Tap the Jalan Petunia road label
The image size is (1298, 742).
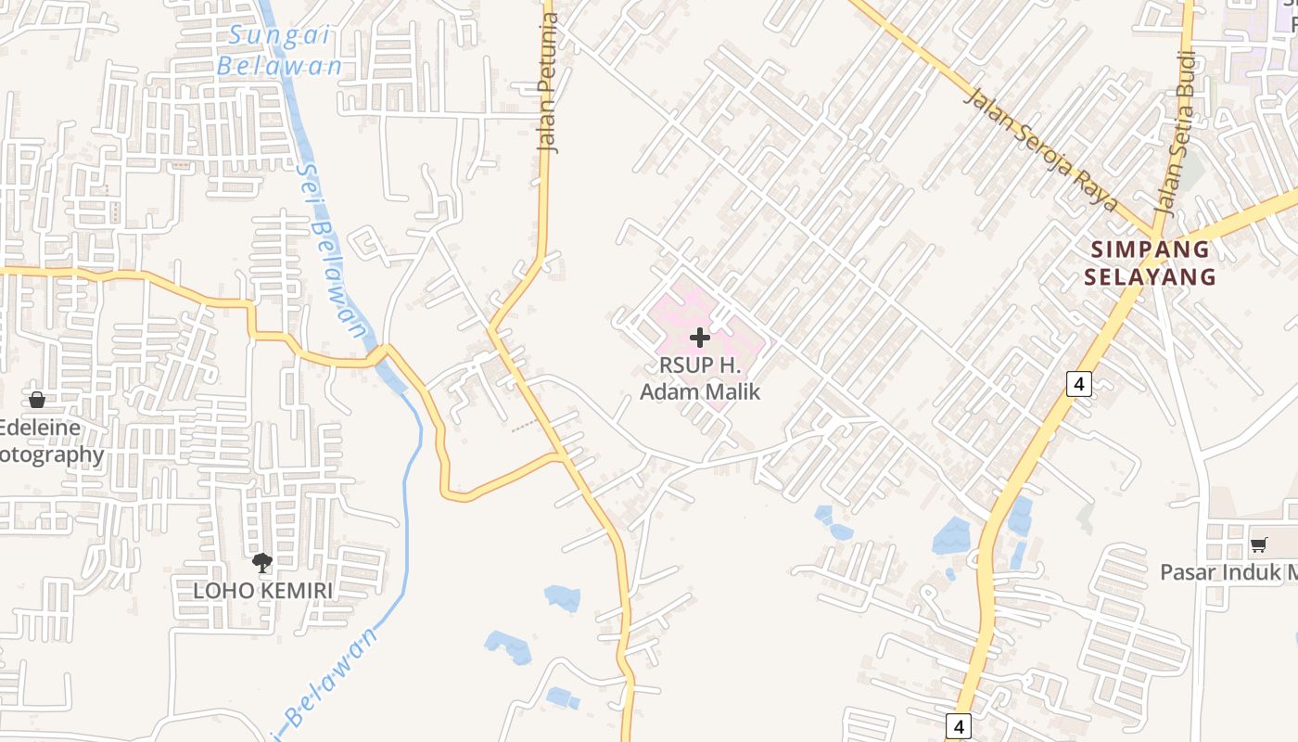(550, 83)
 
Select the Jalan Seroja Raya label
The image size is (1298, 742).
(1040, 149)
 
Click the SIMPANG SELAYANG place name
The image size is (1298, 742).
(1150, 262)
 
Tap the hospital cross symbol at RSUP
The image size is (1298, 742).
(700, 338)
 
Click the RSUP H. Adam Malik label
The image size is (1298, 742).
(700, 378)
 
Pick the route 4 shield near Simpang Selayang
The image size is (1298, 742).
(1078, 383)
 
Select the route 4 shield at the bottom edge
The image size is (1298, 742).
(959, 725)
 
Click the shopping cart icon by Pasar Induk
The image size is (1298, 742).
(1258, 544)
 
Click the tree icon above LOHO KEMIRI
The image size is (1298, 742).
(262, 562)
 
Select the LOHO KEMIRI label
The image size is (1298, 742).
(262, 590)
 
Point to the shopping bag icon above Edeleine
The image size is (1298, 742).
(37, 400)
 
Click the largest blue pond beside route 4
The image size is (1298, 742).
(951, 536)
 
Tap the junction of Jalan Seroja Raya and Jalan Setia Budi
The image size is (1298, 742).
(1154, 232)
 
